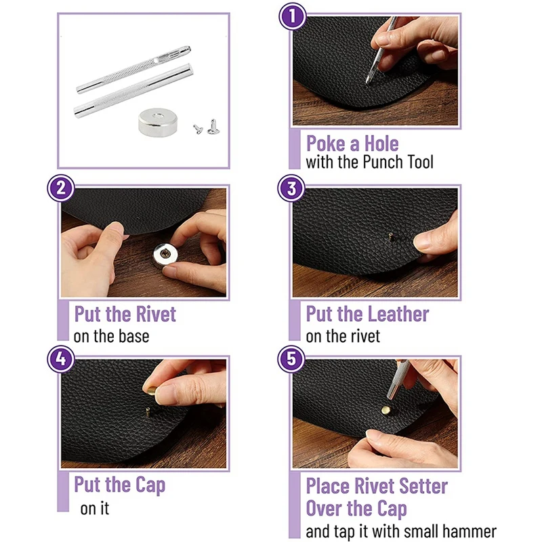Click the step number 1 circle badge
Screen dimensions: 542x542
[293, 16]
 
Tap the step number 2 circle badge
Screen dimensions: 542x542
[61, 188]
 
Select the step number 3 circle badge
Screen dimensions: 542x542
[291, 188]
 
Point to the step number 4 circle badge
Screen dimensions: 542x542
[61, 359]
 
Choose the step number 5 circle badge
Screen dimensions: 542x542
[291, 359]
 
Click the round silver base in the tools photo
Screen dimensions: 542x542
[158, 123]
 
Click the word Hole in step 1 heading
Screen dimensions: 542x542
[381, 144]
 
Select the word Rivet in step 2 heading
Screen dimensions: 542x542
[156, 314]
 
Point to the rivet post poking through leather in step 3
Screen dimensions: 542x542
[391, 236]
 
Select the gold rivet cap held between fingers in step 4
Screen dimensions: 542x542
[151, 391]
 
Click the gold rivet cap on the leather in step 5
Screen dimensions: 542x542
[385, 411]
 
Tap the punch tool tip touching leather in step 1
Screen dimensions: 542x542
[368, 82]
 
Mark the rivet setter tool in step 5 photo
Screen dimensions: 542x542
[398, 379]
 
